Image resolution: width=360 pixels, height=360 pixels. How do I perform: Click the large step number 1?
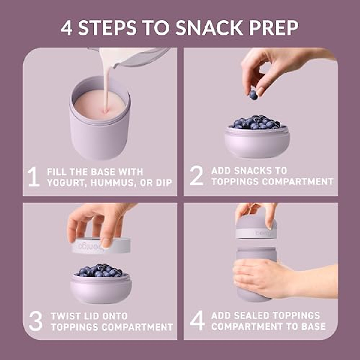[x=34, y=177]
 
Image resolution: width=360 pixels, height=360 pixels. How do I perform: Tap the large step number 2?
[x=197, y=176]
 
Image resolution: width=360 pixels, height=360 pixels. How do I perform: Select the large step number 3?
[x=36, y=321]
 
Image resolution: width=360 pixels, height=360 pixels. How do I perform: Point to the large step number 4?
[x=197, y=321]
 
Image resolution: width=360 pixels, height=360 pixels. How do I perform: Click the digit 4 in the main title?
[x=67, y=28]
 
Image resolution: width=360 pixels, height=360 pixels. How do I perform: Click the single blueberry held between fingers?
[x=253, y=95]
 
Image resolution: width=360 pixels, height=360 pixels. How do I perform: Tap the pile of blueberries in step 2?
[x=256, y=122]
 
